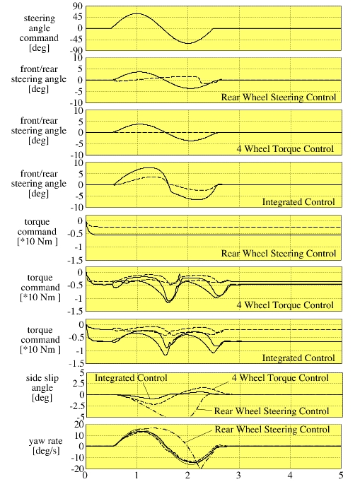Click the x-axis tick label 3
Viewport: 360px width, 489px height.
239,476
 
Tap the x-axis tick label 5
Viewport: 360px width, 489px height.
341,476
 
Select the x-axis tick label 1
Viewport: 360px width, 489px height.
137,476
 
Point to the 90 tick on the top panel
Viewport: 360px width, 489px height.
78,6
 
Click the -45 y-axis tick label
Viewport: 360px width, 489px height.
77,40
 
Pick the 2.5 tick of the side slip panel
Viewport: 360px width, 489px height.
78,384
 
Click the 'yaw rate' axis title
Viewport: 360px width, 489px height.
45,446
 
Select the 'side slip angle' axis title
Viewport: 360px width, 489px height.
42,388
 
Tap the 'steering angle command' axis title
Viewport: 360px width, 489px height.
39,33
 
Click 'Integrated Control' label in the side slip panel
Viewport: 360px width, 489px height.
131,378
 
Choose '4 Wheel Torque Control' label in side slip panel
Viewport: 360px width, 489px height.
280,378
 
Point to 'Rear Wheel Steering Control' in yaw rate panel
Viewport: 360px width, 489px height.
272,430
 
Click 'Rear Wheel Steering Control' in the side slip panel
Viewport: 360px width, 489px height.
272,411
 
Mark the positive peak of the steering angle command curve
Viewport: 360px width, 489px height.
137,13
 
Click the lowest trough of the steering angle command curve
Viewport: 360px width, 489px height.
188,43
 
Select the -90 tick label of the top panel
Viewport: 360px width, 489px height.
77,50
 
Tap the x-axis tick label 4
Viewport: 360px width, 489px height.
290,476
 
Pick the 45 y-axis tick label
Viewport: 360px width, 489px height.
79,17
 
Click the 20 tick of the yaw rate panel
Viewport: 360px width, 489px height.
79,425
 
